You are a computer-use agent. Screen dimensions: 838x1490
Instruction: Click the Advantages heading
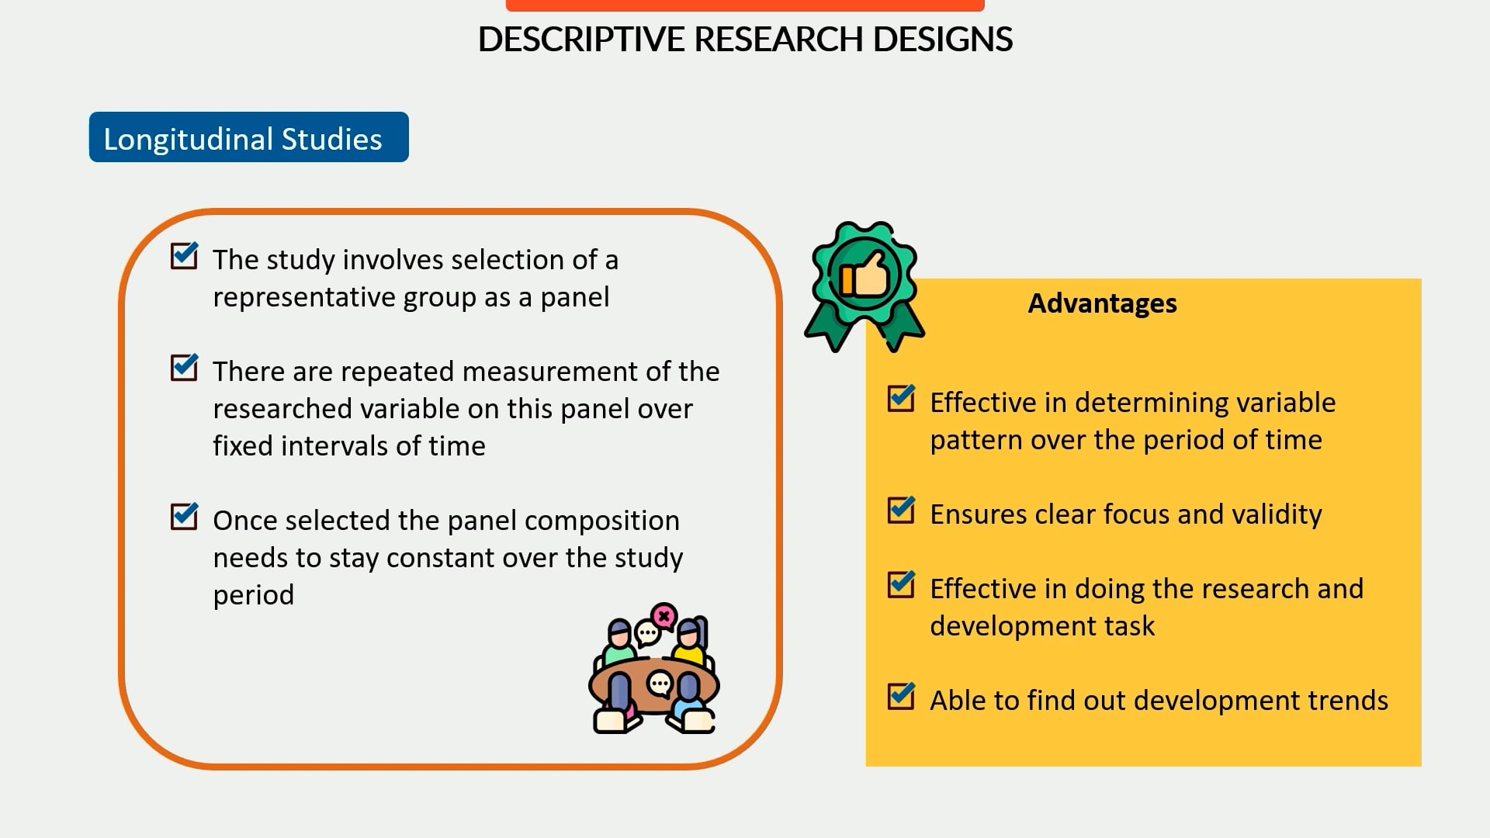[1102, 303]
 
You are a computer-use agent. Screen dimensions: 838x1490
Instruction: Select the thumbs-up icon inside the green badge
[865, 275]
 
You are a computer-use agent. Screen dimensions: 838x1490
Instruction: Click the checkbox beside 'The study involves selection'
[184, 256]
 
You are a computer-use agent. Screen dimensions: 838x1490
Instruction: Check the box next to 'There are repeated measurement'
[184, 368]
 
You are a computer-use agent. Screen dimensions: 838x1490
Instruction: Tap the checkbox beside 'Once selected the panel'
[184, 517]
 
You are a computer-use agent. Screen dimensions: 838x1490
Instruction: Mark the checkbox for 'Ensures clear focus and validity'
[901, 511]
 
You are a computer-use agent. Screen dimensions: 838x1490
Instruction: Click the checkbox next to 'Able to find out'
[901, 697]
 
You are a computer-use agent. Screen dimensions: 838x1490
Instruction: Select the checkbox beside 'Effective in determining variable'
[901, 399]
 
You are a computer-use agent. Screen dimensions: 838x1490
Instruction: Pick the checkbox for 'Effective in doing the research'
[901, 585]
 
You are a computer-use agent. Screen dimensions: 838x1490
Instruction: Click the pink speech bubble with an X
[664, 616]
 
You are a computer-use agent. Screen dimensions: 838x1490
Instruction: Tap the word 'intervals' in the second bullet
[334, 447]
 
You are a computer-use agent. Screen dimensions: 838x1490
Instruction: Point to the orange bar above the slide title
[745, 5]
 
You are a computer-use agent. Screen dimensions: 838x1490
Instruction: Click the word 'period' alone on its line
[254, 596]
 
